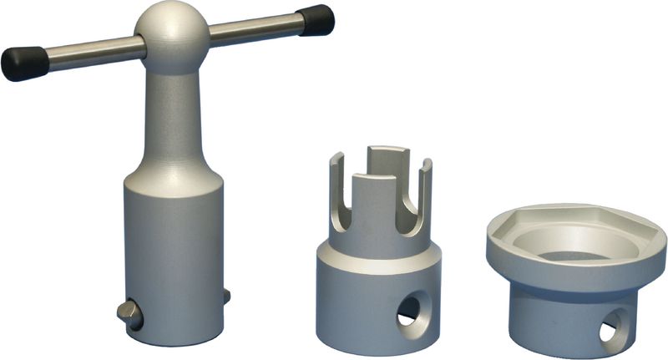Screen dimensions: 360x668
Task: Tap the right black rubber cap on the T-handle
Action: tap(316, 20)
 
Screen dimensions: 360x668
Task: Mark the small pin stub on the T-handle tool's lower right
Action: tap(226, 295)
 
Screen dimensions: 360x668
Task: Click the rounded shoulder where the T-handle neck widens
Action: tap(173, 171)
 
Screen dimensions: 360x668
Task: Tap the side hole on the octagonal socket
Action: tap(614, 327)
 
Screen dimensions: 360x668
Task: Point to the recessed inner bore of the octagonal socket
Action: tap(576, 242)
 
